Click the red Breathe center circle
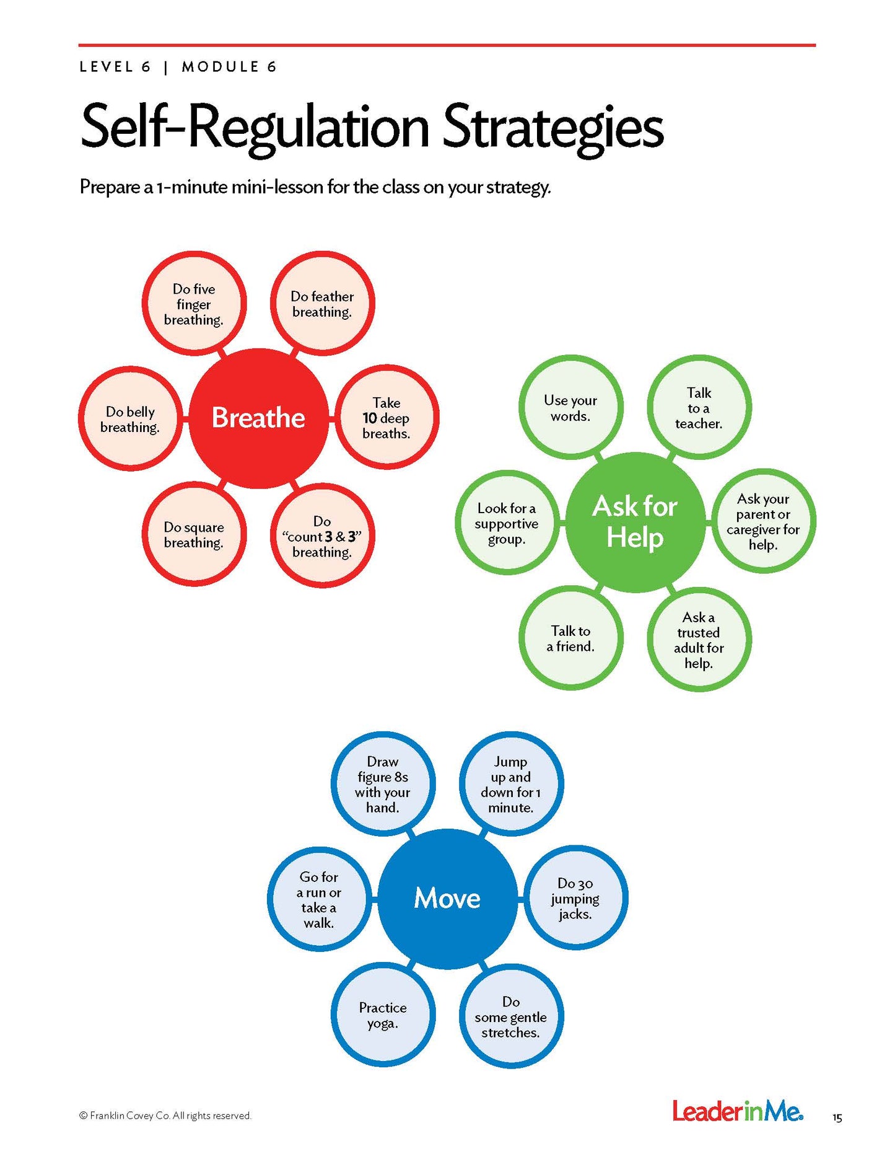click(x=258, y=418)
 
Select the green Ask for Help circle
click(x=635, y=522)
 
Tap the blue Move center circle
click(x=447, y=898)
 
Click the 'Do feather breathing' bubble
click(x=322, y=304)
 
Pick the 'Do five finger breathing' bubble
click(x=194, y=304)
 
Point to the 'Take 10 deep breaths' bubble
click(x=386, y=418)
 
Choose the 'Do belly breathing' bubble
click(x=131, y=419)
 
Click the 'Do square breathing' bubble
click(x=194, y=534)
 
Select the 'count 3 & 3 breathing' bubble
click(x=322, y=536)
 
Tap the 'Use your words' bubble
click(x=570, y=408)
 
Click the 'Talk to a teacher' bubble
click(x=699, y=408)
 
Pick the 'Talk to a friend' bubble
click(x=570, y=638)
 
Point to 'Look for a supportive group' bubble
click(x=507, y=523)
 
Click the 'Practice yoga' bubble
click(x=383, y=1015)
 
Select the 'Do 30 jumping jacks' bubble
click(x=575, y=899)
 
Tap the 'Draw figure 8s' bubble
click(x=383, y=784)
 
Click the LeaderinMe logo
click(x=738, y=1111)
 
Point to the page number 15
click(x=837, y=1118)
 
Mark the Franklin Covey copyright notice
click(x=165, y=1116)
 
